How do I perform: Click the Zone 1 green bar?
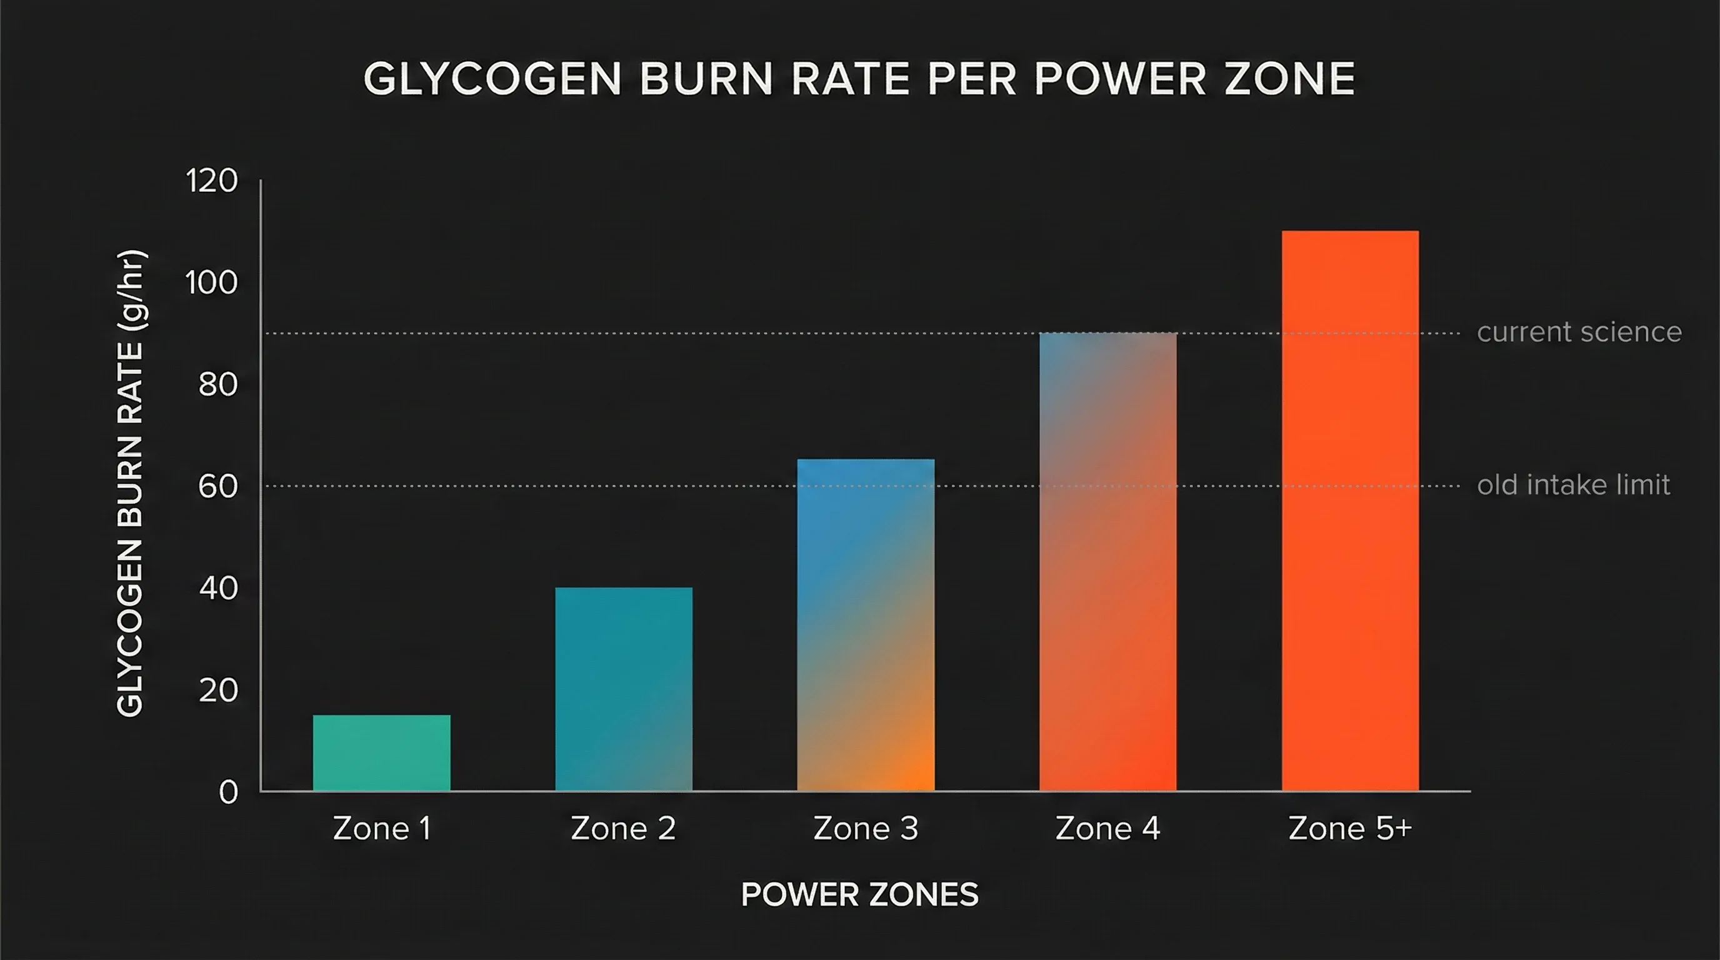[381, 752]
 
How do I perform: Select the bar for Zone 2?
[624, 689]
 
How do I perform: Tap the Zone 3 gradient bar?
[866, 625]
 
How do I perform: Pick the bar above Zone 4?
[1107, 561]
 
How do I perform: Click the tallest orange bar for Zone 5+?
[1349, 511]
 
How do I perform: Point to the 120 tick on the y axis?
[211, 181]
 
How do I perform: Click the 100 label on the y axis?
[211, 283]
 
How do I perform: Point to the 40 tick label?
[217, 589]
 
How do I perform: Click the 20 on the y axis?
[217, 690]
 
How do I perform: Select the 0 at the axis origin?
[227, 792]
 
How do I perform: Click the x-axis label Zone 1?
[381, 829]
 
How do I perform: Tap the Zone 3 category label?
[866, 829]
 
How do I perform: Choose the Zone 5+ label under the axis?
[1349, 829]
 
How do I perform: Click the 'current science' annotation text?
[1579, 332]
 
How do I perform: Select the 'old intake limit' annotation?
[1573, 484]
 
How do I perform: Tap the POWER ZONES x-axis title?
[859, 894]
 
